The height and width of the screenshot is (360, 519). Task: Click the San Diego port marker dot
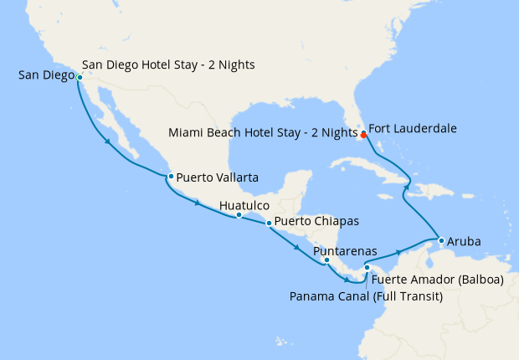79,77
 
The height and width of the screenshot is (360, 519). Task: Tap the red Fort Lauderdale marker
363,134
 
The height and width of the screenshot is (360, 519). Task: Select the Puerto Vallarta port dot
170,176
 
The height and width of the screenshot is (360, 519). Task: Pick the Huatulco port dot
239,215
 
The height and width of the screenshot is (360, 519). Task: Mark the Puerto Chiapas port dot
268,223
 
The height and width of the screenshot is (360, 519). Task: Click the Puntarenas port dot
326,260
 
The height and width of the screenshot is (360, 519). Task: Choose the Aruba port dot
441,241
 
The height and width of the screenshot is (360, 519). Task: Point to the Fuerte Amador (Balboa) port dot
367,268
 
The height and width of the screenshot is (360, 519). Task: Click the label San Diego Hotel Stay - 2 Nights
168,64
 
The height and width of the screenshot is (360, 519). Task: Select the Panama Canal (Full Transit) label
366,296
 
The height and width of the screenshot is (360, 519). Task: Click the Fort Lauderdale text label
413,129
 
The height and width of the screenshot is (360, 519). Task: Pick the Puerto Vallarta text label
218,177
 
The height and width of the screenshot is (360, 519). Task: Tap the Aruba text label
465,241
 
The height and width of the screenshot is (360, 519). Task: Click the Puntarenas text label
344,250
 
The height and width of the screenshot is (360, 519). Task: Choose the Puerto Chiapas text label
316,222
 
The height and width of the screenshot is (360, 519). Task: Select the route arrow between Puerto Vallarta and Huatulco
198,203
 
